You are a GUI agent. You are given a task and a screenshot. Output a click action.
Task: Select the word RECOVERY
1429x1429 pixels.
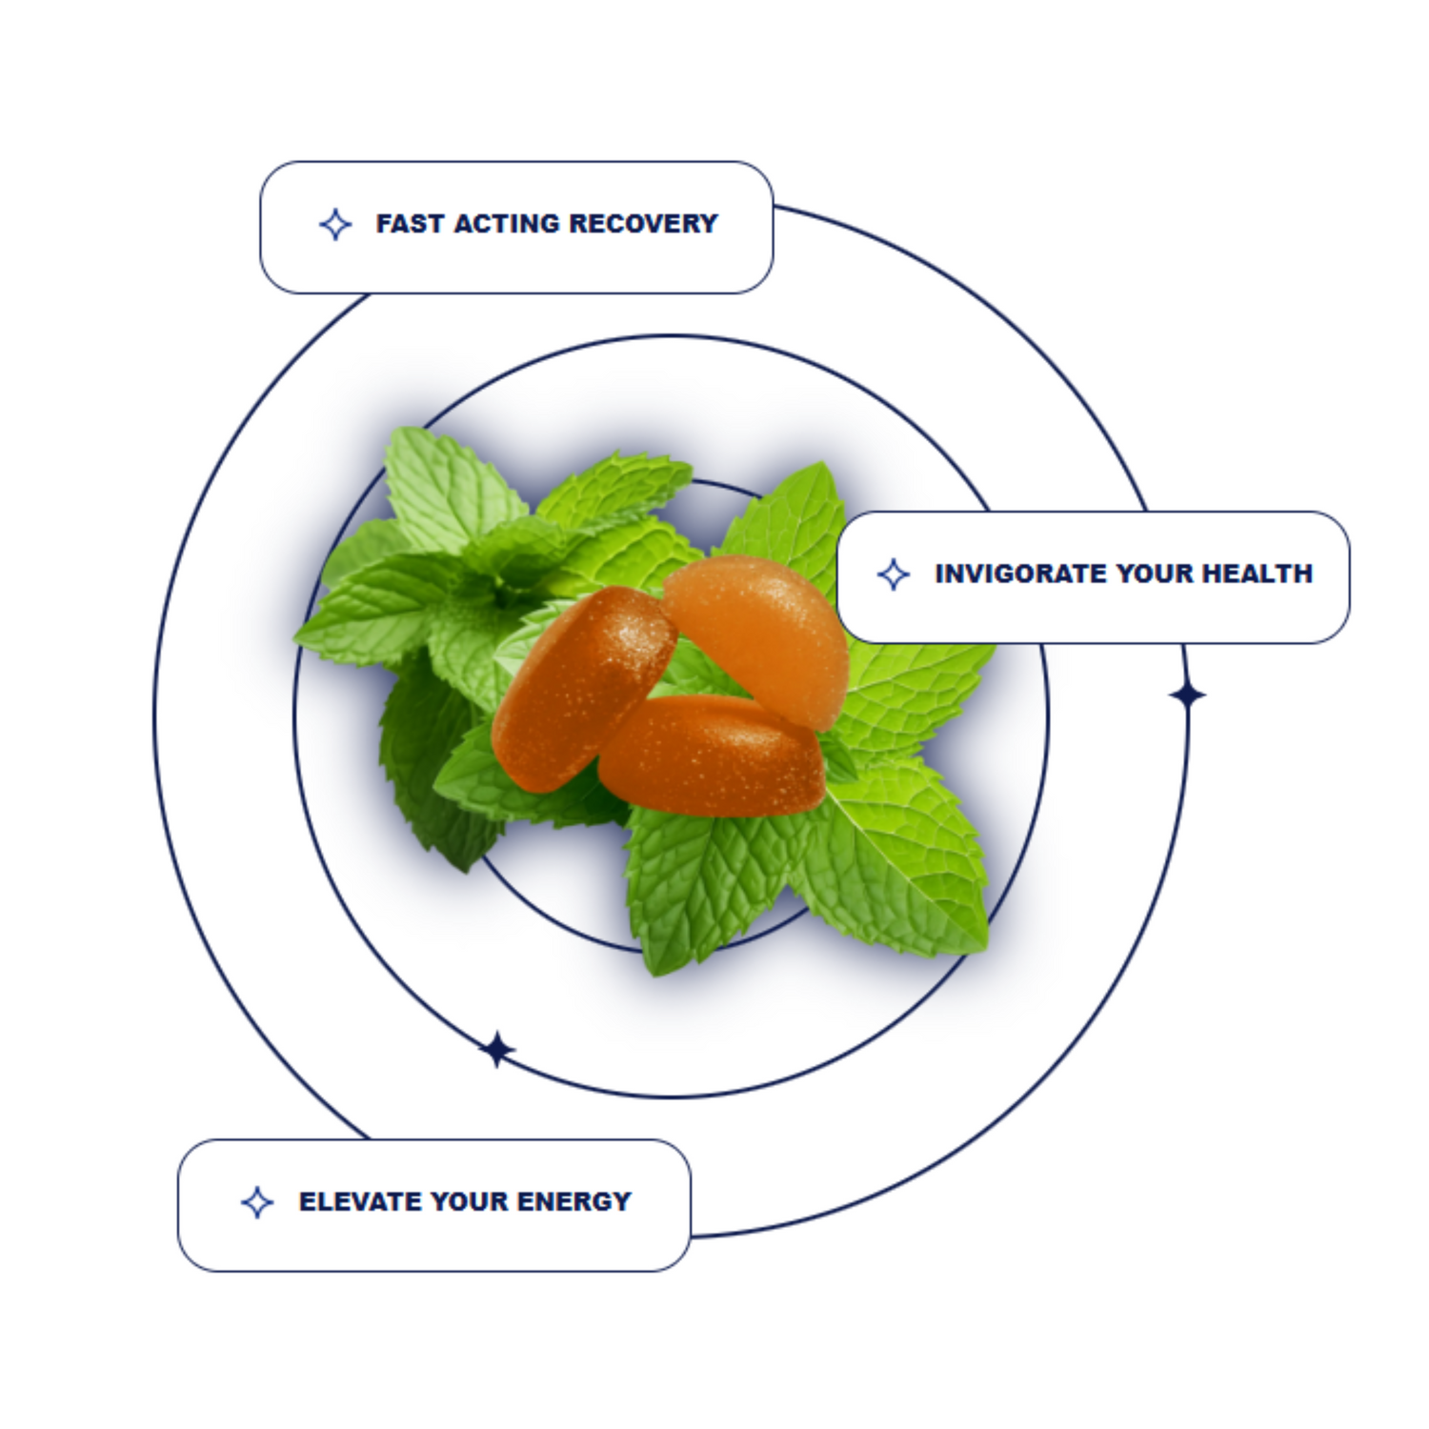click(x=644, y=224)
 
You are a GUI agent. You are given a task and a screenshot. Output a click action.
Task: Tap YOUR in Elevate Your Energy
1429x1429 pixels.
click(x=468, y=1201)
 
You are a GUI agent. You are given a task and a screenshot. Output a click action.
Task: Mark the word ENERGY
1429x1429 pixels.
click(x=574, y=1201)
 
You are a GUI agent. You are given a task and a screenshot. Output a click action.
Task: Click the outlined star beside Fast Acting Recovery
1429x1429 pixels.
click(x=335, y=225)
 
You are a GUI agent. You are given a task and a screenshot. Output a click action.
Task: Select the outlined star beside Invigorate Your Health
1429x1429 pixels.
click(x=894, y=574)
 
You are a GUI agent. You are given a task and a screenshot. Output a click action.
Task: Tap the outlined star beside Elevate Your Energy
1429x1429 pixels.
click(x=257, y=1202)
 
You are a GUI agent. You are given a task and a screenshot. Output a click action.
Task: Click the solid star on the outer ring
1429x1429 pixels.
click(x=1187, y=695)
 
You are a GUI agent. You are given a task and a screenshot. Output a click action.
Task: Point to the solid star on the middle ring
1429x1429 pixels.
click(x=496, y=1050)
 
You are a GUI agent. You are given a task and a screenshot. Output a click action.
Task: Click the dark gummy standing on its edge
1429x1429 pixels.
click(x=581, y=686)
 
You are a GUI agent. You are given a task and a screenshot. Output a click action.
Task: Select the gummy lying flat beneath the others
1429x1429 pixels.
click(x=714, y=757)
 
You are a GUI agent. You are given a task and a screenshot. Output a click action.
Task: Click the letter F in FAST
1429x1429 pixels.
click(x=384, y=224)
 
